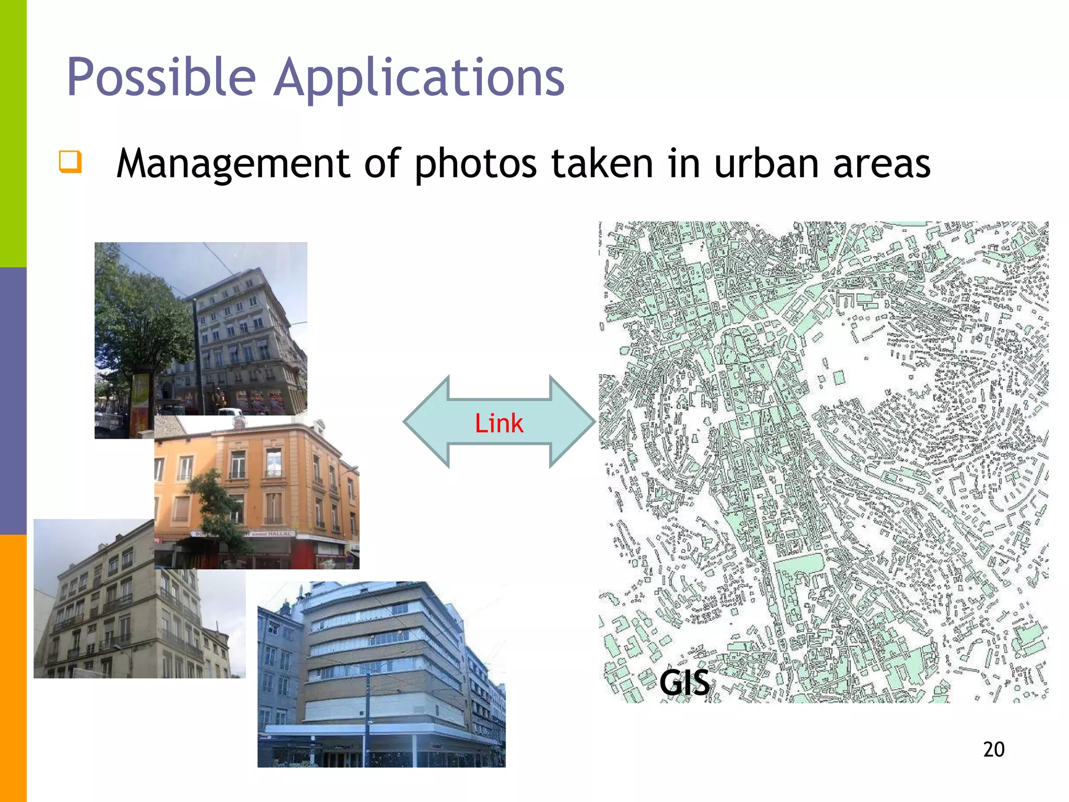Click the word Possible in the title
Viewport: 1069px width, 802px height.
coord(161,77)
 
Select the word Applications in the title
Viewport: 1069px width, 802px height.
coord(419,77)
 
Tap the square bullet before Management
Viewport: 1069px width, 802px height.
coord(70,161)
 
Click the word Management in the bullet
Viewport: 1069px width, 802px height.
coord(232,163)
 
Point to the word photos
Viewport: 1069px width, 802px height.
coord(475,163)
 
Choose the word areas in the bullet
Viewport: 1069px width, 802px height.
coord(882,163)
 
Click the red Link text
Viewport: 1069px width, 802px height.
coord(499,423)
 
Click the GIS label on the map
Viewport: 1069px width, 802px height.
coord(684,682)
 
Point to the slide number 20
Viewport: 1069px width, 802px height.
coord(993,749)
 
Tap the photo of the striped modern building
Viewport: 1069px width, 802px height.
coord(381,674)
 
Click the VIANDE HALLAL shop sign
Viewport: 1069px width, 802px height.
coord(271,534)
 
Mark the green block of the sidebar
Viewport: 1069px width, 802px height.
coord(13,133)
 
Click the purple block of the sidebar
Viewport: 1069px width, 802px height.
coord(13,401)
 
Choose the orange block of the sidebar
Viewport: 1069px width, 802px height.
coord(13,668)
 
